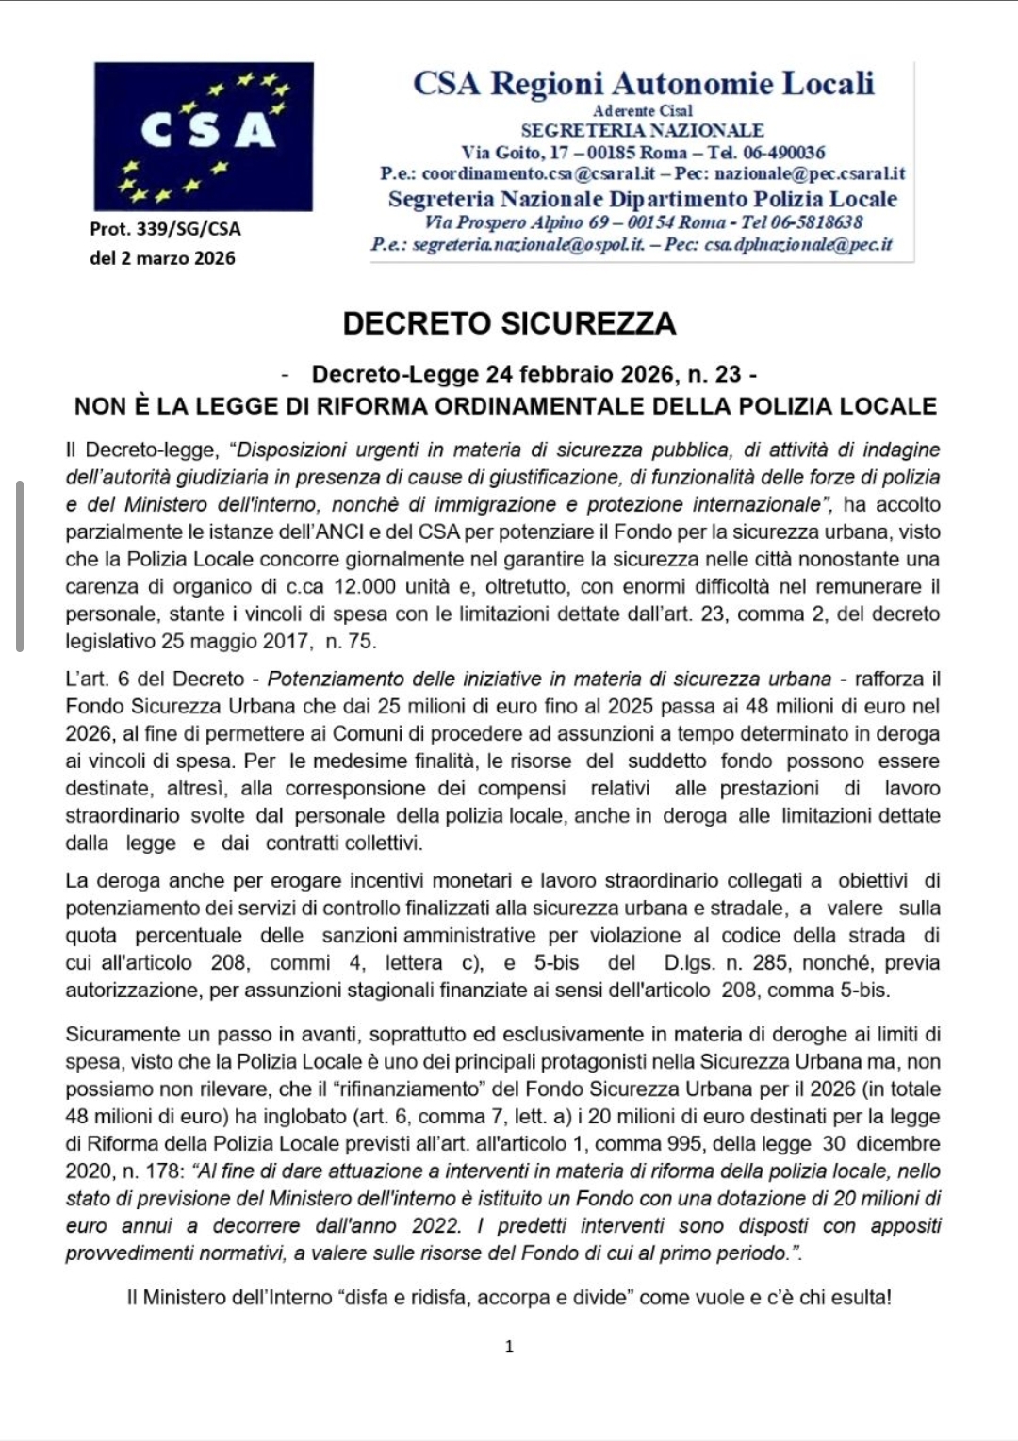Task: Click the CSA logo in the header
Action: pos(204,137)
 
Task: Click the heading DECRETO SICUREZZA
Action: pos(509,323)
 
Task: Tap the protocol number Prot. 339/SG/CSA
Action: pos(165,229)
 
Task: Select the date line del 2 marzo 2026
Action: pos(162,258)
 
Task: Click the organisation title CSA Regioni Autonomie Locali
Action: pos(643,84)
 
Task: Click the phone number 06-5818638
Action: pos(816,222)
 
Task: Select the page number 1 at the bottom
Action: pos(509,1347)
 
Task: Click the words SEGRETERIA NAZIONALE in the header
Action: pos(642,131)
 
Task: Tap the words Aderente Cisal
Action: pos(642,111)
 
